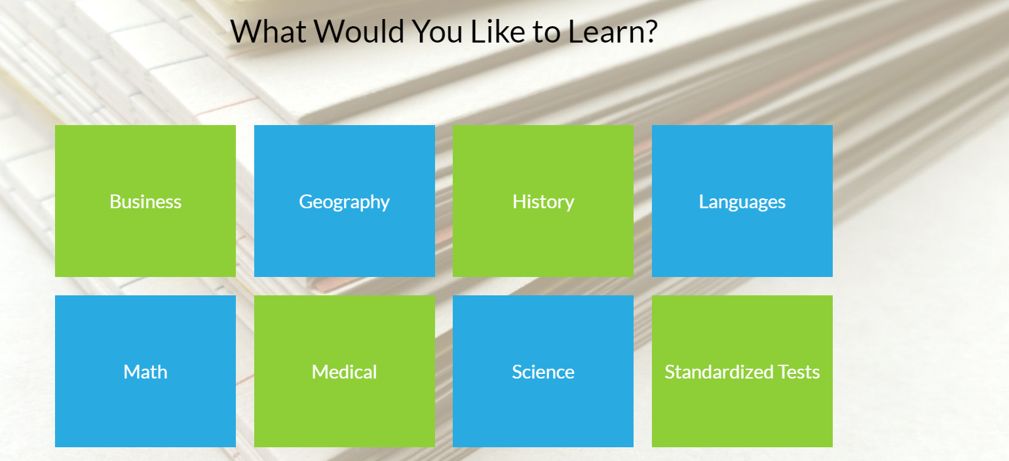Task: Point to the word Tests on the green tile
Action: pyautogui.click(x=799, y=372)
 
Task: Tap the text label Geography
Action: pyautogui.click(x=344, y=202)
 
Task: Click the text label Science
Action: pyautogui.click(x=543, y=372)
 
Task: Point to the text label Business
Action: pyautogui.click(x=145, y=202)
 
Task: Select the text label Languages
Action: pyautogui.click(x=742, y=202)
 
